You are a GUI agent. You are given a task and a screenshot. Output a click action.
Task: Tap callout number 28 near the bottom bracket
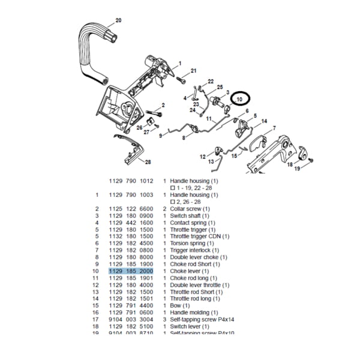click(x=148, y=162)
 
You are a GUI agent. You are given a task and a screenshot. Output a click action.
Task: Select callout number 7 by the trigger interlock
click(x=274, y=128)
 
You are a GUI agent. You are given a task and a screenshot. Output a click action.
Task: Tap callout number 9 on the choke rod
click(x=161, y=136)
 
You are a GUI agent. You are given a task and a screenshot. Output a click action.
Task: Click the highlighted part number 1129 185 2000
click(x=131, y=271)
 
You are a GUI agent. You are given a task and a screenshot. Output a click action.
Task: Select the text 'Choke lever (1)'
click(x=189, y=271)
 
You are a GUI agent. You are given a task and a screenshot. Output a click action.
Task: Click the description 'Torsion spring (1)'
click(x=192, y=243)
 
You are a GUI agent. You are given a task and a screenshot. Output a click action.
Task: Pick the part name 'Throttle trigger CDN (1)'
click(x=200, y=236)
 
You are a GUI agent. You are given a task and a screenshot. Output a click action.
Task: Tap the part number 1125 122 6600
click(x=131, y=209)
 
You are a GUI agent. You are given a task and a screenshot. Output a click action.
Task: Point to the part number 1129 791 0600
click(x=131, y=313)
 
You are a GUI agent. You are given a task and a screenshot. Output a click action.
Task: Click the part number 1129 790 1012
click(x=131, y=181)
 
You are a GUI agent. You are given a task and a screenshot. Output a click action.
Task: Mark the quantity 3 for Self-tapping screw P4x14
click(x=164, y=319)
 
